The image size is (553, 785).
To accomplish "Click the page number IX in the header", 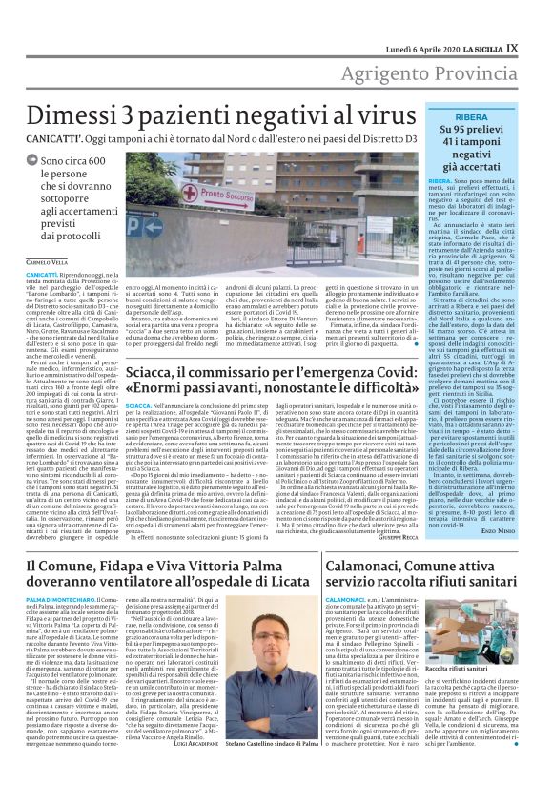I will coord(538,17).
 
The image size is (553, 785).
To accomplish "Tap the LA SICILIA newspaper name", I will coord(501,17).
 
